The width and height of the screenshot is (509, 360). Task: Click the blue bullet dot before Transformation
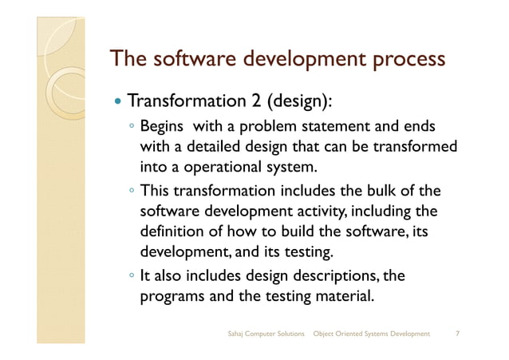[x=118, y=103]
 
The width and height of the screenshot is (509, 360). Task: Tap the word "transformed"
[x=415, y=148]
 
